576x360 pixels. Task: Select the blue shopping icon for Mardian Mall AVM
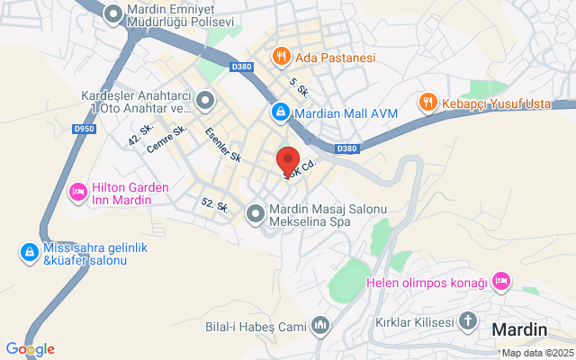281,112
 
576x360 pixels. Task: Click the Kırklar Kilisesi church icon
468,321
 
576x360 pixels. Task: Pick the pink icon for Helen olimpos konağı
502,283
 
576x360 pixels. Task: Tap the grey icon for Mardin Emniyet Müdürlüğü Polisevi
113,14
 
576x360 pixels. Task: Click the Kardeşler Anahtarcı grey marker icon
206,101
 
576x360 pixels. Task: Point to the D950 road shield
84,129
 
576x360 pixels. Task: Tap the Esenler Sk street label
223,144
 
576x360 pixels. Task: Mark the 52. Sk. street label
214,205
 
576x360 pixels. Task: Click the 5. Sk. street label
299,86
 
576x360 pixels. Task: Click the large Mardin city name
519,329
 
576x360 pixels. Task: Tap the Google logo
30,349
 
